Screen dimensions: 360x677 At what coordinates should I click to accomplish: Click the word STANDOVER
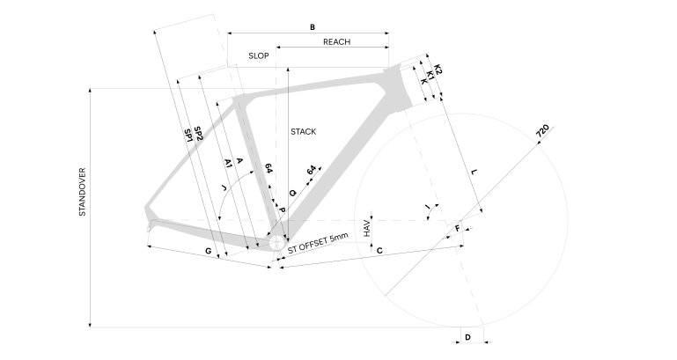point(82,191)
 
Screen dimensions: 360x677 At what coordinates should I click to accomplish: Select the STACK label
point(303,131)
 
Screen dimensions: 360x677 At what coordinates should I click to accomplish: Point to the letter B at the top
point(312,27)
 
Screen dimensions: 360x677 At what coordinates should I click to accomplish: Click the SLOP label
point(258,55)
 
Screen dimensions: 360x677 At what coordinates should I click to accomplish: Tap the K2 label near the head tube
point(438,68)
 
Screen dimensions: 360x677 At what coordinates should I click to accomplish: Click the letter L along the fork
point(473,173)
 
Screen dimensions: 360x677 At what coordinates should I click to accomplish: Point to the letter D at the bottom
point(468,337)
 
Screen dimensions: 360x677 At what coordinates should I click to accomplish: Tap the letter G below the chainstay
point(209,252)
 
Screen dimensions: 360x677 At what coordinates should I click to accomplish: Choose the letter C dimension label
point(379,252)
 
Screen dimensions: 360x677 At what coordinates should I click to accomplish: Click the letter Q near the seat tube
point(292,192)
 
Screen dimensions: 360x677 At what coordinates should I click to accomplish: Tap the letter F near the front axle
point(457,229)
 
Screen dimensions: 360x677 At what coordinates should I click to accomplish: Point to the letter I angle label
point(427,208)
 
